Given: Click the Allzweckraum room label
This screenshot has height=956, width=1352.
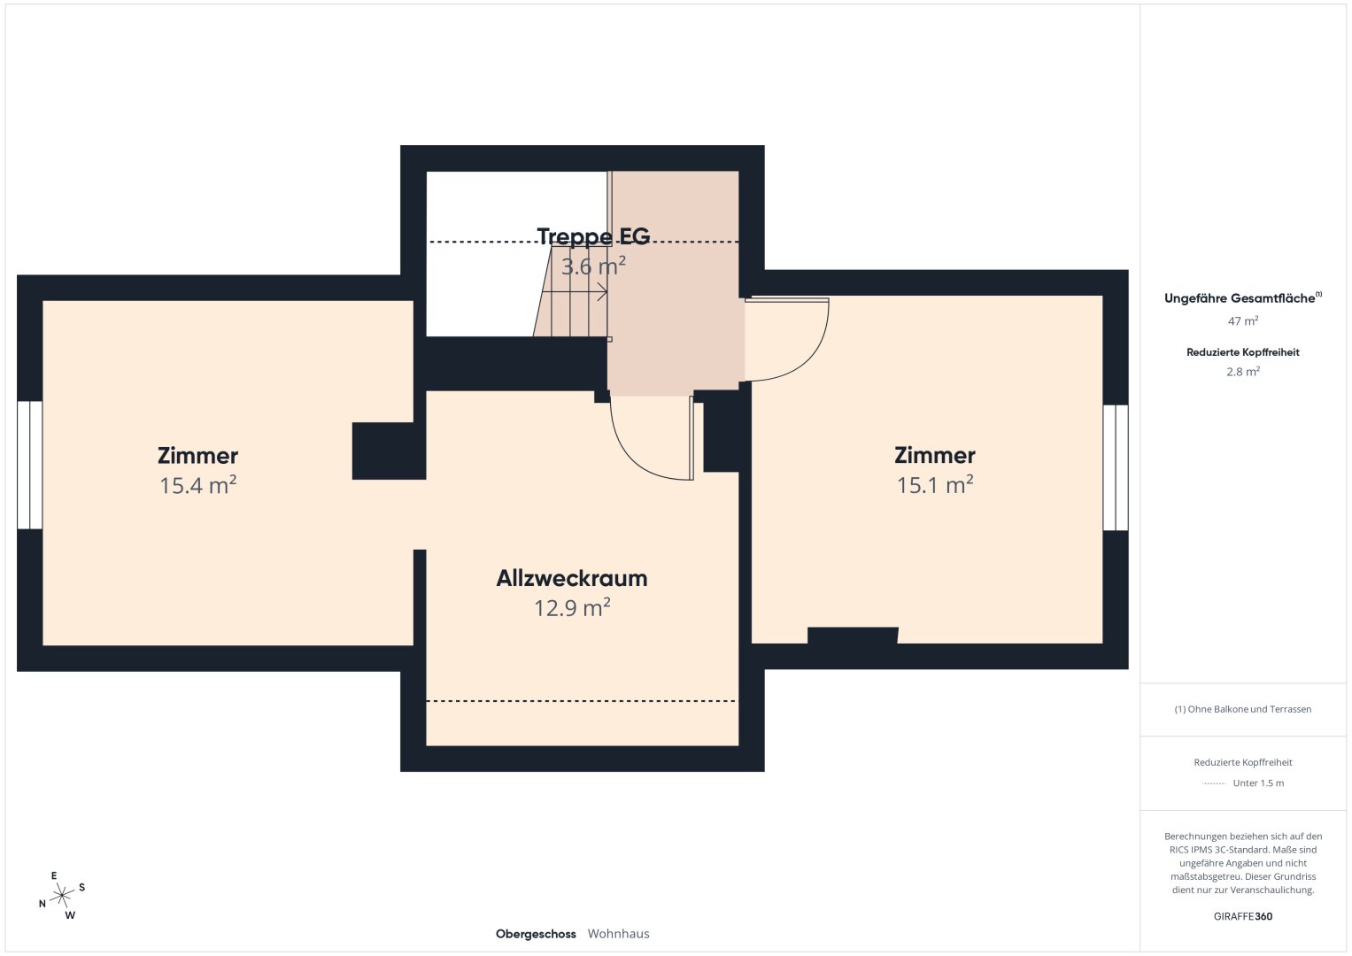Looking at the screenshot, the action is [x=572, y=578].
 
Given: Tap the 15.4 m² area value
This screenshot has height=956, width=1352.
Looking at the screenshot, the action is [x=197, y=485].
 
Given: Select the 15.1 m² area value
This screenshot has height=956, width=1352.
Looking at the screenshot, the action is [x=934, y=485].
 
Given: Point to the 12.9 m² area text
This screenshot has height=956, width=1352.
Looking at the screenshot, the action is [x=572, y=608].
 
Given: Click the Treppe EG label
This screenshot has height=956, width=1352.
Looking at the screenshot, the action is [x=593, y=236].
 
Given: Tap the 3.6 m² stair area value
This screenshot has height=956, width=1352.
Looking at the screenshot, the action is [x=593, y=266].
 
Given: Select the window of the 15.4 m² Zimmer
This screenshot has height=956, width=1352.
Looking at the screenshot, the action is [x=29, y=465].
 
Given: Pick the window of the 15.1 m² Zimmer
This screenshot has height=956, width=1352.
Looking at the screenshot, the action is [x=1116, y=467].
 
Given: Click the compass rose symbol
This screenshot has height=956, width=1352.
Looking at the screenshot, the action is [x=62, y=895].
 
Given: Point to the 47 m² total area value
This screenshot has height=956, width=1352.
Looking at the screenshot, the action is [x=1243, y=321].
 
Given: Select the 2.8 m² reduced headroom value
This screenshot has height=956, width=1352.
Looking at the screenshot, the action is [x=1243, y=372].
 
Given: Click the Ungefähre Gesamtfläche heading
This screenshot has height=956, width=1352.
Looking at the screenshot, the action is [x=1243, y=298].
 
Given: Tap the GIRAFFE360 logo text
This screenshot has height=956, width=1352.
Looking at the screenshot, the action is [x=1243, y=916].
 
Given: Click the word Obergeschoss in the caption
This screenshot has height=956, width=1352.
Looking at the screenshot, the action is [x=536, y=934].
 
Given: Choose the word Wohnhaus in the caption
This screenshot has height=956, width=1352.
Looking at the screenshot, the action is [x=619, y=934].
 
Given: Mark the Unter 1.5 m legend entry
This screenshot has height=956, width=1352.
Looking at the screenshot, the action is [x=1258, y=783].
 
